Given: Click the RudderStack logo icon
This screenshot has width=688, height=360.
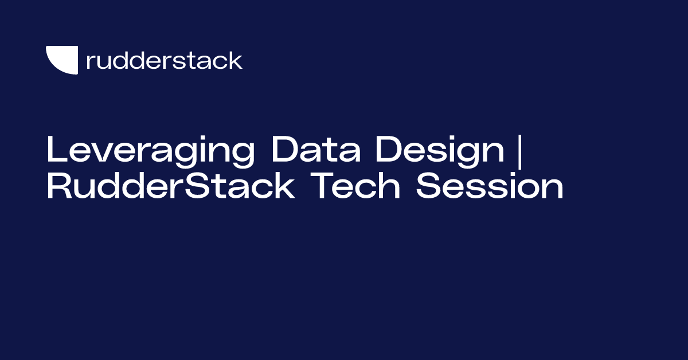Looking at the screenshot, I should [61, 60].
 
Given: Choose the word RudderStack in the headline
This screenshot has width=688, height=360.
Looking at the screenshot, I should [171, 188].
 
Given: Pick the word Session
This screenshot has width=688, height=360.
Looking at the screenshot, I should [490, 188].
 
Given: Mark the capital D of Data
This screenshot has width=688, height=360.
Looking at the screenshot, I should [284, 150].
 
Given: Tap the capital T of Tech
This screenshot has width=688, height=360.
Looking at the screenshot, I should [322, 188].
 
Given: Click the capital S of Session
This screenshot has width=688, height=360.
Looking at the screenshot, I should [429, 188].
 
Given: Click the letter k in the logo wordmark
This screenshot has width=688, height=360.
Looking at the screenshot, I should [235, 60].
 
